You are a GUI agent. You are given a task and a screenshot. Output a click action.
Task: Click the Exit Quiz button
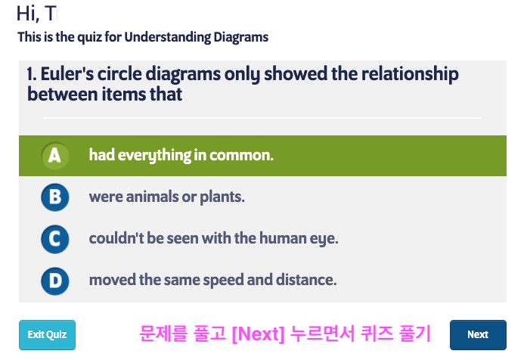pos(47,335)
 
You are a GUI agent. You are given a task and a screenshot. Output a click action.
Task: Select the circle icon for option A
pos(55,156)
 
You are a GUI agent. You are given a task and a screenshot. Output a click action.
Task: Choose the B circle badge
pos(55,197)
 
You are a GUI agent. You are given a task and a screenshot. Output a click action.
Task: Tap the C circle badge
pos(55,239)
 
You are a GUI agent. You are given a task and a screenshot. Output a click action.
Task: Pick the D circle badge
pos(55,281)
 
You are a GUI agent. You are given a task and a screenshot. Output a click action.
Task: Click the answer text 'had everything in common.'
pos(181,156)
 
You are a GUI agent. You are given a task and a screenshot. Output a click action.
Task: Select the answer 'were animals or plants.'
pos(166,197)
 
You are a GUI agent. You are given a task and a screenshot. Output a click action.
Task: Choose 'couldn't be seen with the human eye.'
pos(213,239)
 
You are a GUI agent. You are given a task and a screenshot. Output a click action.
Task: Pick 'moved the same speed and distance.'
pos(212,280)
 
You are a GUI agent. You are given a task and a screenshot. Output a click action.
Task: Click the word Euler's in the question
pos(67,74)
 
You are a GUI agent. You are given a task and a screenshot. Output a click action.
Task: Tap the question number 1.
pos(31,74)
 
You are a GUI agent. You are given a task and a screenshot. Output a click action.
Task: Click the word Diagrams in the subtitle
pos(241,37)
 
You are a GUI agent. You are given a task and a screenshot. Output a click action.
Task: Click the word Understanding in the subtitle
pos(167,37)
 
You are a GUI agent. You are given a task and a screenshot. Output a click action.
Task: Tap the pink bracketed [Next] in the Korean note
pos(258,334)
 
